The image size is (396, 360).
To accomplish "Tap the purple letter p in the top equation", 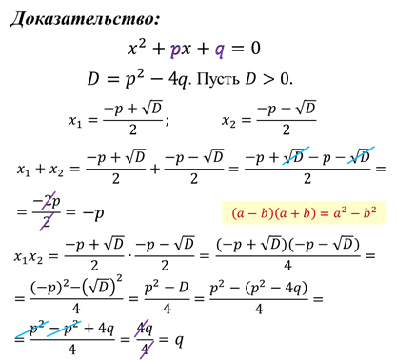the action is pyautogui.click(x=175, y=50).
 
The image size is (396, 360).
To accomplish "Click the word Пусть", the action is pyautogui.click(x=218, y=79).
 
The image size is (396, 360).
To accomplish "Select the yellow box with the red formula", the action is pyautogui.click(x=304, y=212).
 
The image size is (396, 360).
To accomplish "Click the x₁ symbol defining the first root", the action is pyautogui.click(x=75, y=121).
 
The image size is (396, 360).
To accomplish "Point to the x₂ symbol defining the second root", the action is pyautogui.click(x=228, y=121).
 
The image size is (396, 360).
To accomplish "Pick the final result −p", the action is pyautogui.click(x=93, y=212).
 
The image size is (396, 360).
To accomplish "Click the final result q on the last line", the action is pyautogui.click(x=179, y=341).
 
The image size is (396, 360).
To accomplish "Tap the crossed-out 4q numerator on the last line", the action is pyautogui.click(x=145, y=329).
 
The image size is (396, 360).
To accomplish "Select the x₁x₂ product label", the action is pyautogui.click(x=29, y=256).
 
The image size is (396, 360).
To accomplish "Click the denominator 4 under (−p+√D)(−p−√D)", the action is pyautogui.click(x=287, y=266).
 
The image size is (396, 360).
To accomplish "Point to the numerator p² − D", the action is pyautogui.click(x=167, y=288).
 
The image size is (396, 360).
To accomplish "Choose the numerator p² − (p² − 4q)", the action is pyautogui.click(x=259, y=288).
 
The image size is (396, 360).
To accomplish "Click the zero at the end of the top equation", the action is pyautogui.click(x=255, y=49).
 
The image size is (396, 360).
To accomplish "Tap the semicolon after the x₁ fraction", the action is pyautogui.click(x=167, y=122).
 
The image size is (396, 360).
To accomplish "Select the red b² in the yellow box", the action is pyautogui.click(x=369, y=212).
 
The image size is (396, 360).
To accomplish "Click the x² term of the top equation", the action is pyautogui.click(x=137, y=48).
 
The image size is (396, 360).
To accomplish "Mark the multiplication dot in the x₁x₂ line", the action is pyautogui.click(x=129, y=255).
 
